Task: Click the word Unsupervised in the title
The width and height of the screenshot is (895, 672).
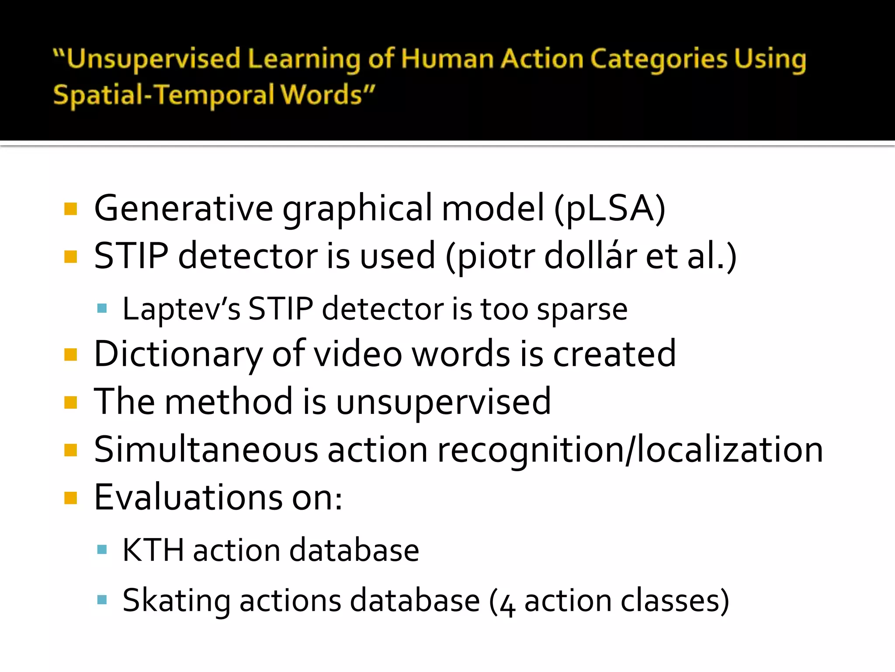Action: pos(153,59)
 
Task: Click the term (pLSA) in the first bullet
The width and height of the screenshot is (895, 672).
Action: pos(610,208)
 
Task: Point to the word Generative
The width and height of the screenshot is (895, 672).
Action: pos(184,208)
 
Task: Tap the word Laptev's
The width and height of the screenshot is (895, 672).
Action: pos(181,309)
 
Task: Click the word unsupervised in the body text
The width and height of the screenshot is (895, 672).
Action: pos(443,402)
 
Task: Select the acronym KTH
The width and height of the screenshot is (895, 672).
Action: pos(153,550)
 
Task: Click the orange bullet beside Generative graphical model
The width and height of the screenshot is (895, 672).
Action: pos(70,209)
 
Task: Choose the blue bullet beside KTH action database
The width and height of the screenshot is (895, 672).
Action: pos(102,549)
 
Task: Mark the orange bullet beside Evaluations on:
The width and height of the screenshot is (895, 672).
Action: pos(70,498)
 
